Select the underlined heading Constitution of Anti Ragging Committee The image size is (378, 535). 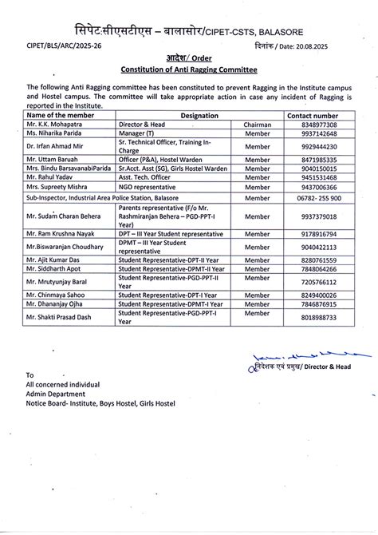click(x=189, y=69)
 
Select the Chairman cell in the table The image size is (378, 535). click(x=257, y=125)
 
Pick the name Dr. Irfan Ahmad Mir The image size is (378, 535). click(x=55, y=148)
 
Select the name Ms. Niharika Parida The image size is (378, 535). click(x=55, y=134)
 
